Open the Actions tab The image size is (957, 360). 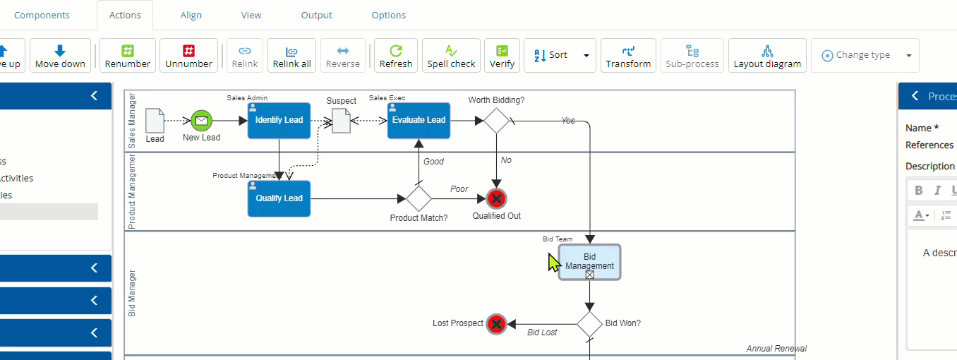point(125,15)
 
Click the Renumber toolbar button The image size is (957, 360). point(128,56)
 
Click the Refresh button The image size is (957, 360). point(396,56)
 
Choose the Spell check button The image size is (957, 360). point(451,56)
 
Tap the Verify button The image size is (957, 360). point(502,56)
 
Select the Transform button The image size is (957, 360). point(628,56)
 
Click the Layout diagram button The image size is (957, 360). point(767,56)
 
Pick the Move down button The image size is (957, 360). point(60,56)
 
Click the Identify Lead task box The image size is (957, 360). point(279,120)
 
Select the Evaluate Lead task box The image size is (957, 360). point(419,120)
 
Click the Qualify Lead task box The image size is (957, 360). point(279,198)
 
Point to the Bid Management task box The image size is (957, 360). point(589,262)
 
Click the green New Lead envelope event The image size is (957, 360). point(201,121)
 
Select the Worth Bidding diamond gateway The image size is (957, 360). point(496,121)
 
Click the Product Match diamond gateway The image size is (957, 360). point(419,199)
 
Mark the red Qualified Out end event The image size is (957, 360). point(497,199)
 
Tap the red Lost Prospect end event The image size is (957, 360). point(496,324)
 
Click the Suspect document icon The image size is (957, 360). point(341,121)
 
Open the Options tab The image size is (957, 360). point(389,15)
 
